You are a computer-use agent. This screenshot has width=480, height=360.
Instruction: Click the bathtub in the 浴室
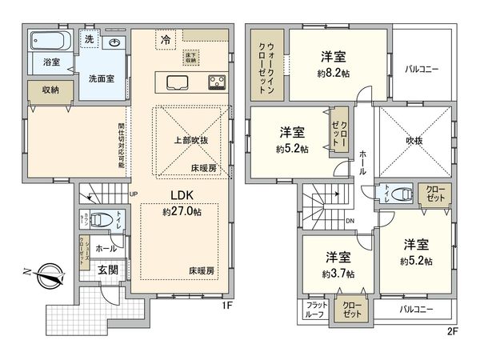(x=50, y=40)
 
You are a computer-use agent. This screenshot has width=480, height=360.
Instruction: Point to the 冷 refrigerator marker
(x=166, y=38)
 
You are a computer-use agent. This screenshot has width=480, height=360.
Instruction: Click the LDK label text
(x=180, y=195)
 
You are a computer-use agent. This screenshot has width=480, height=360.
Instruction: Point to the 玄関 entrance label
(x=109, y=270)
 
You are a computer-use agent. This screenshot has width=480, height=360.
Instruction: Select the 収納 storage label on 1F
(x=50, y=90)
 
